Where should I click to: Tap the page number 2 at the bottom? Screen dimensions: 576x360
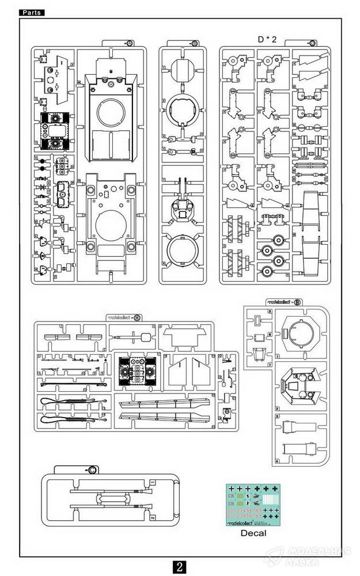point(180,566)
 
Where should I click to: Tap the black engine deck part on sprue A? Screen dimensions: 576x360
point(55,130)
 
